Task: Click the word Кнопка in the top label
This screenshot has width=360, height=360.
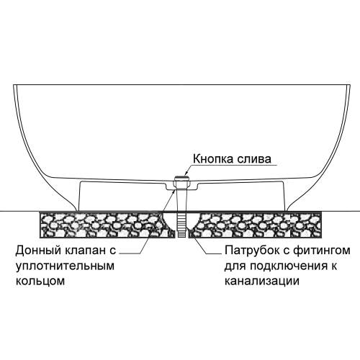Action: coord(212,159)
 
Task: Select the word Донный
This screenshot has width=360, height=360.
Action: coord(38,251)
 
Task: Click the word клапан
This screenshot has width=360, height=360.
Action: coord(86,251)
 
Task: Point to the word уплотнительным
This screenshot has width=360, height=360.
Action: coord(65,266)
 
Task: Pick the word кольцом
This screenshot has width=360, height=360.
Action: coord(40,281)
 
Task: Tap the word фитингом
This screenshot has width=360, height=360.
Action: coord(322,251)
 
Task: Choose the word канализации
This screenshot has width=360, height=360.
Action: coord(262,281)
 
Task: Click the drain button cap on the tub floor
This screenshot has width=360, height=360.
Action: coord(181,178)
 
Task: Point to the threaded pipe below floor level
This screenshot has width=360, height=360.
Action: coord(181,225)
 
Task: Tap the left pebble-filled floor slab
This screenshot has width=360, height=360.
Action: coord(107,225)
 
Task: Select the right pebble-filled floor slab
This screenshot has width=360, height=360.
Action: coord(255,225)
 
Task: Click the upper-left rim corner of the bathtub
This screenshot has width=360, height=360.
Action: coord(14,85)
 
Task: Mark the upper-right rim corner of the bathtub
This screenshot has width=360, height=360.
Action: coord(351,85)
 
